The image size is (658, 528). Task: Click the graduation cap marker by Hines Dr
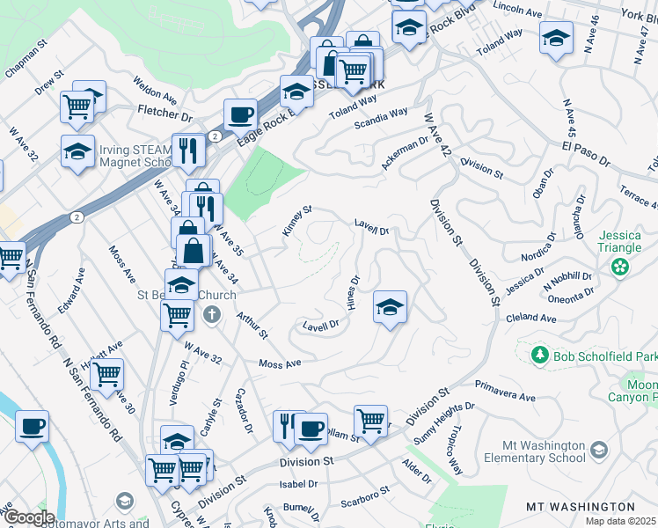390,307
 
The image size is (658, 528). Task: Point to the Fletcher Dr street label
164,115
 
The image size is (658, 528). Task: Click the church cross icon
211,314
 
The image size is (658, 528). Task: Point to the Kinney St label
296,221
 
